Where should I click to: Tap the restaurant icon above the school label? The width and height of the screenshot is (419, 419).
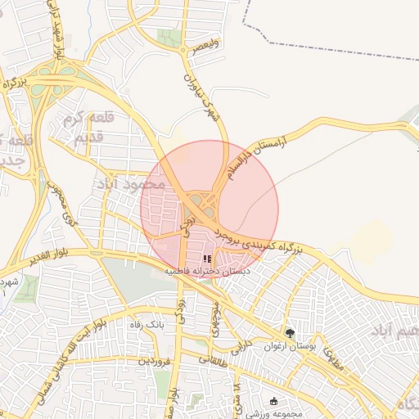[x=205, y=259]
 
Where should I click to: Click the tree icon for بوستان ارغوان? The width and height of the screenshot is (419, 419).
[x=291, y=333]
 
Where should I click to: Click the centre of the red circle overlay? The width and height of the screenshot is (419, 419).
[x=209, y=208]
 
